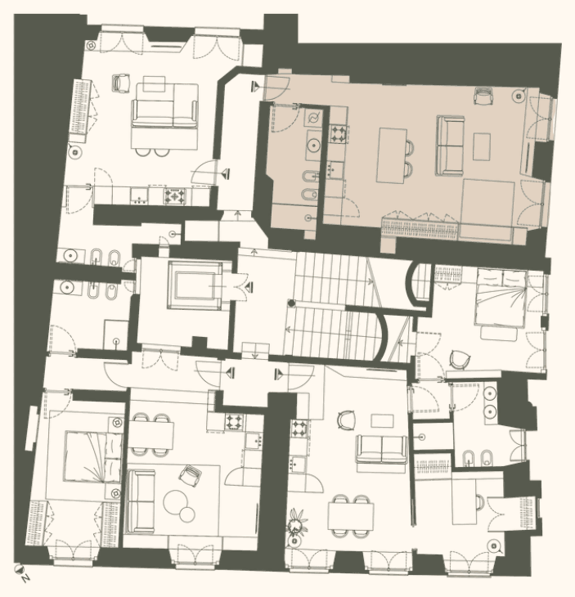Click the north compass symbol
coord(19,569)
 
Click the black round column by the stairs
coord(292,303)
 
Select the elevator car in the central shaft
coord(194,285)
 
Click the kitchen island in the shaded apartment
coord(392,155)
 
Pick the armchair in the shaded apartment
coord(483,96)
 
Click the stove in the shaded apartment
coord(339,133)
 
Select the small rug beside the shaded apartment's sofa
coord(481,146)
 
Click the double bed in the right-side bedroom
coord(501,298)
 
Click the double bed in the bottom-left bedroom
coord(94,456)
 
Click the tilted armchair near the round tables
coord(191,476)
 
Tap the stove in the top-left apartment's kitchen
coord(175,196)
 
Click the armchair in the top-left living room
coord(121,83)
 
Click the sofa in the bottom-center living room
coord(381,449)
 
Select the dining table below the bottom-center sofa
coord(351,516)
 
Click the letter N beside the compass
coord(25,578)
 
